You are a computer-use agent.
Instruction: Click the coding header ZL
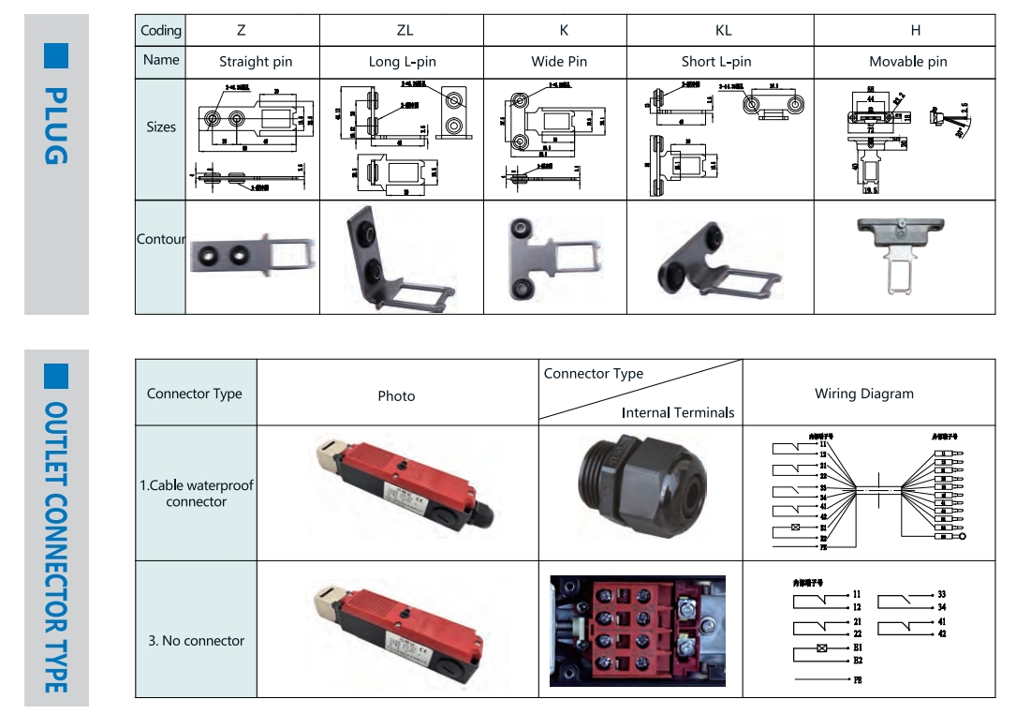tap(405, 30)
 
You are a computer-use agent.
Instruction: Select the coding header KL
tap(723, 30)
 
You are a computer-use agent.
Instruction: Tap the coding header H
tap(915, 30)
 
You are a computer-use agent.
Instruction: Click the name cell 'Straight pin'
tap(256, 62)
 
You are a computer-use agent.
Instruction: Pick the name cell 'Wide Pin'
tap(559, 62)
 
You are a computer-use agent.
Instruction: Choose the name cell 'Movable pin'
tap(907, 62)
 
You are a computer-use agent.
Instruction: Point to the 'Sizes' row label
tap(161, 126)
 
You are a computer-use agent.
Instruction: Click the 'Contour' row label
tap(161, 239)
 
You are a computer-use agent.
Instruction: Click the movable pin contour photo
tap(901, 250)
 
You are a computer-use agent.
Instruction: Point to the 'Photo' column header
tap(396, 395)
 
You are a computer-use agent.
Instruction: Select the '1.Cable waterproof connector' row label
tap(197, 494)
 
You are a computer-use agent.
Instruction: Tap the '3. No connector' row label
tap(197, 641)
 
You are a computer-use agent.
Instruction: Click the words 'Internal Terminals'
tap(678, 412)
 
